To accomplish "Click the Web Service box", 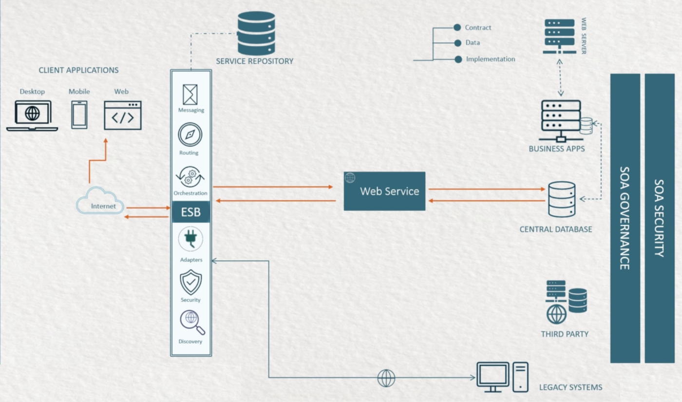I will point(384,191).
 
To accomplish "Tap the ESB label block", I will point(190,212).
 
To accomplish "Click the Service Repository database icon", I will point(256,33).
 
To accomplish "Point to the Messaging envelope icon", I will point(190,95).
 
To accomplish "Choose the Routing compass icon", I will point(190,135).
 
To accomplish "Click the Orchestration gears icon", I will point(190,176).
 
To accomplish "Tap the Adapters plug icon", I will point(190,239).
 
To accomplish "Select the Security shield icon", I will point(190,282).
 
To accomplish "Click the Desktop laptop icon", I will point(32,115).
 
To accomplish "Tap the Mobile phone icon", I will point(79,115).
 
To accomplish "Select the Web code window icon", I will point(123,115).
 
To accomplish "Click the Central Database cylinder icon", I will point(562,199).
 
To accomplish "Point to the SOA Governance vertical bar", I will point(625,218).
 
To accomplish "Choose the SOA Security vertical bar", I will point(660,218).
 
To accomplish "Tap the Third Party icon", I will point(566,302).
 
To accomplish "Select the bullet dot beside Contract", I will point(457,28).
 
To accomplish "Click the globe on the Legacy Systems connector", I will point(386,378).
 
